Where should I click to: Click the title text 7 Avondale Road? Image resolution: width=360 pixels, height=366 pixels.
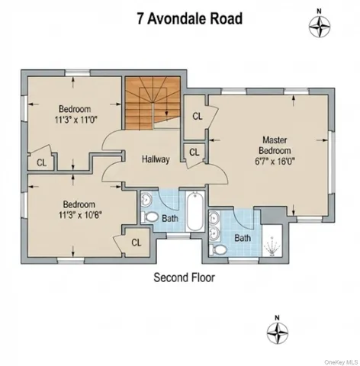[180, 17]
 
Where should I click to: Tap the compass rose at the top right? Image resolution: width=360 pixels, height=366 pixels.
[319, 25]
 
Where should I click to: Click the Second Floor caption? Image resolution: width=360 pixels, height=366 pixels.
[184, 278]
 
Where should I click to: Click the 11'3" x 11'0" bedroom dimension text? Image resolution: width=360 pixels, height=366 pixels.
[75, 120]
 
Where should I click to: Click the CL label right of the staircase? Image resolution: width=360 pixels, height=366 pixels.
[197, 116]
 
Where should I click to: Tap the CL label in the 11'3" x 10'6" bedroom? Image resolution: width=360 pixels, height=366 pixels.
[137, 242]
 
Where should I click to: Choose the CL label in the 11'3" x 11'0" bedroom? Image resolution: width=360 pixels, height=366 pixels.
[40, 162]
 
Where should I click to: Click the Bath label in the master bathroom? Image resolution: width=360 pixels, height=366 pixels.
[243, 238]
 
